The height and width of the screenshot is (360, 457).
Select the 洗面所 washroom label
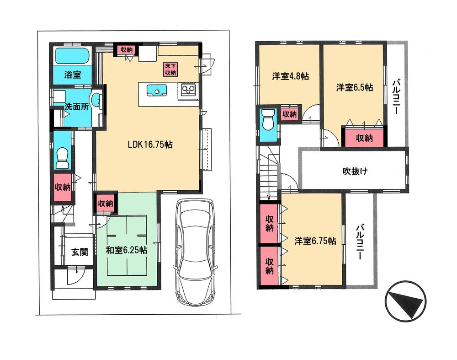(x=76, y=107)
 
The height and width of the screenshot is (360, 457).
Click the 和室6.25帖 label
(x=127, y=250)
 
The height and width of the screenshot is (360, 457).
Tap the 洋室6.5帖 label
(x=355, y=87)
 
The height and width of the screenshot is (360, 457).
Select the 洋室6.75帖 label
(x=315, y=241)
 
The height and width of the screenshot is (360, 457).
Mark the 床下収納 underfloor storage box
(x=170, y=69)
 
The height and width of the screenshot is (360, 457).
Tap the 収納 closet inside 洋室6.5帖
(x=364, y=138)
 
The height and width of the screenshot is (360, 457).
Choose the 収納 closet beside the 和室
(x=106, y=204)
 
